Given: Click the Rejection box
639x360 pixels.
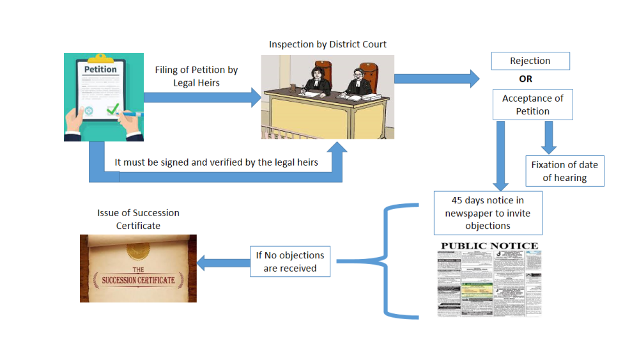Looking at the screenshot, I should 530,61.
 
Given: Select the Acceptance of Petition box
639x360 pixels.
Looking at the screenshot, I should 532,105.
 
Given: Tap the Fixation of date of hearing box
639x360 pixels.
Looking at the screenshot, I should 564,171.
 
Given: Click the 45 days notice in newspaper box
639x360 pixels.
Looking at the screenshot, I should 488,213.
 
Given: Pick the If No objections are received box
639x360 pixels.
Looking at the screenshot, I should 289,262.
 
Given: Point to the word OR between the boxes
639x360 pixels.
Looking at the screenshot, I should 525,79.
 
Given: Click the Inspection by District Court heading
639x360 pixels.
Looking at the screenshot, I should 327,44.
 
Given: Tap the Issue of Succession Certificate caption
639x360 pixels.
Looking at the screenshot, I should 138,219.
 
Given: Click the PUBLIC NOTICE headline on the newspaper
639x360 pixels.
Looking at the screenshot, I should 489,246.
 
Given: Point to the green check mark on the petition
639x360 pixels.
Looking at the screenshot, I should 113,110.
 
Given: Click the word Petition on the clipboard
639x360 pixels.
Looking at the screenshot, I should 100,69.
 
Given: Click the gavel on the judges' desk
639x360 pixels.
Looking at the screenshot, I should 293,86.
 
